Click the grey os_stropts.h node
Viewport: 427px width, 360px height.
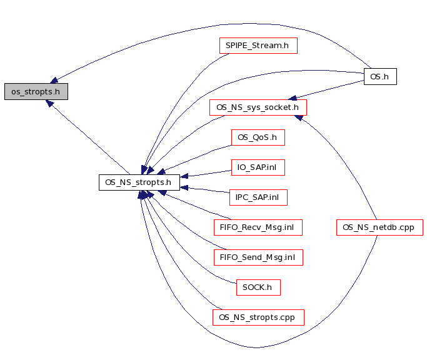click(x=36, y=92)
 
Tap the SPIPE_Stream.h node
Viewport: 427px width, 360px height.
click(x=258, y=46)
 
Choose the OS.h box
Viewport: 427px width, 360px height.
click(x=380, y=76)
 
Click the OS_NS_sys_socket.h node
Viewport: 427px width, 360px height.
click(x=258, y=107)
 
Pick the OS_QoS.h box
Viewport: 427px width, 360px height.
click(x=258, y=137)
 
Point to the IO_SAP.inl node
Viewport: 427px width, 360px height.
click(x=258, y=167)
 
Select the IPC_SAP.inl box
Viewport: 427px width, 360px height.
click(x=258, y=197)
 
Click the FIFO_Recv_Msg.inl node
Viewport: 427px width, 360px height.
click(x=258, y=227)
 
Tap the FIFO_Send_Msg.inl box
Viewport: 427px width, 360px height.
click(x=258, y=257)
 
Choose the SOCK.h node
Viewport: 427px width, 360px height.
click(x=258, y=287)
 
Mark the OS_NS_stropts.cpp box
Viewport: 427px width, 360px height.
click(x=258, y=317)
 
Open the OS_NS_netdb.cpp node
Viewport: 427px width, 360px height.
click(x=379, y=227)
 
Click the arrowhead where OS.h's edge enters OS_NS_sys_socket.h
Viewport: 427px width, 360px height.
click(x=292, y=98)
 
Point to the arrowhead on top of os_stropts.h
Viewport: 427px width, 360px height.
click(x=54, y=81)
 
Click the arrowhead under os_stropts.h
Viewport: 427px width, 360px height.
click(x=49, y=102)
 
